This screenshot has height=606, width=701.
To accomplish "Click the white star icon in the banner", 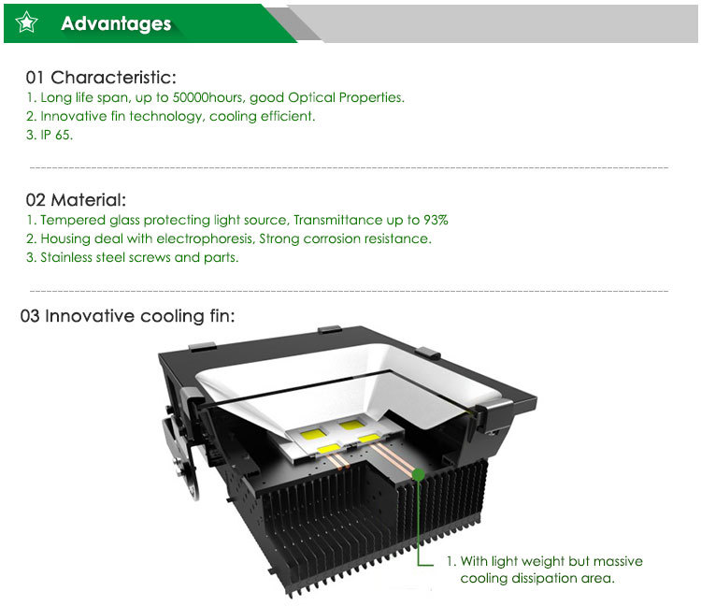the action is tap(26, 22).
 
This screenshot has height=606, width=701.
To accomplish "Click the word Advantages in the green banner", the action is tap(116, 23).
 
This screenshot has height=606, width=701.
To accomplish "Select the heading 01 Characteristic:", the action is tap(101, 78).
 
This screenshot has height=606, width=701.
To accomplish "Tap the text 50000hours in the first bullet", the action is tap(207, 97).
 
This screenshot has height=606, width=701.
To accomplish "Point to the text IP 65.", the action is tap(57, 135).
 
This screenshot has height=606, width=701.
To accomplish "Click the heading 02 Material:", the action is tap(76, 200).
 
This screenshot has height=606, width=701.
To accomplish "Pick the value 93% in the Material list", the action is tap(436, 220).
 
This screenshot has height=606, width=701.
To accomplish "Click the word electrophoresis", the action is tap(206, 238).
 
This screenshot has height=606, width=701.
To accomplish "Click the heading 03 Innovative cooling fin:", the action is tap(128, 316).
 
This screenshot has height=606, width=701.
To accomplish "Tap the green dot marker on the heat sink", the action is tap(419, 474).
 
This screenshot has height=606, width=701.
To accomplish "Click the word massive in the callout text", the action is tap(618, 561).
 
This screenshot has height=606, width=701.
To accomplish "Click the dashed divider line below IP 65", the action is tap(350, 167).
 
